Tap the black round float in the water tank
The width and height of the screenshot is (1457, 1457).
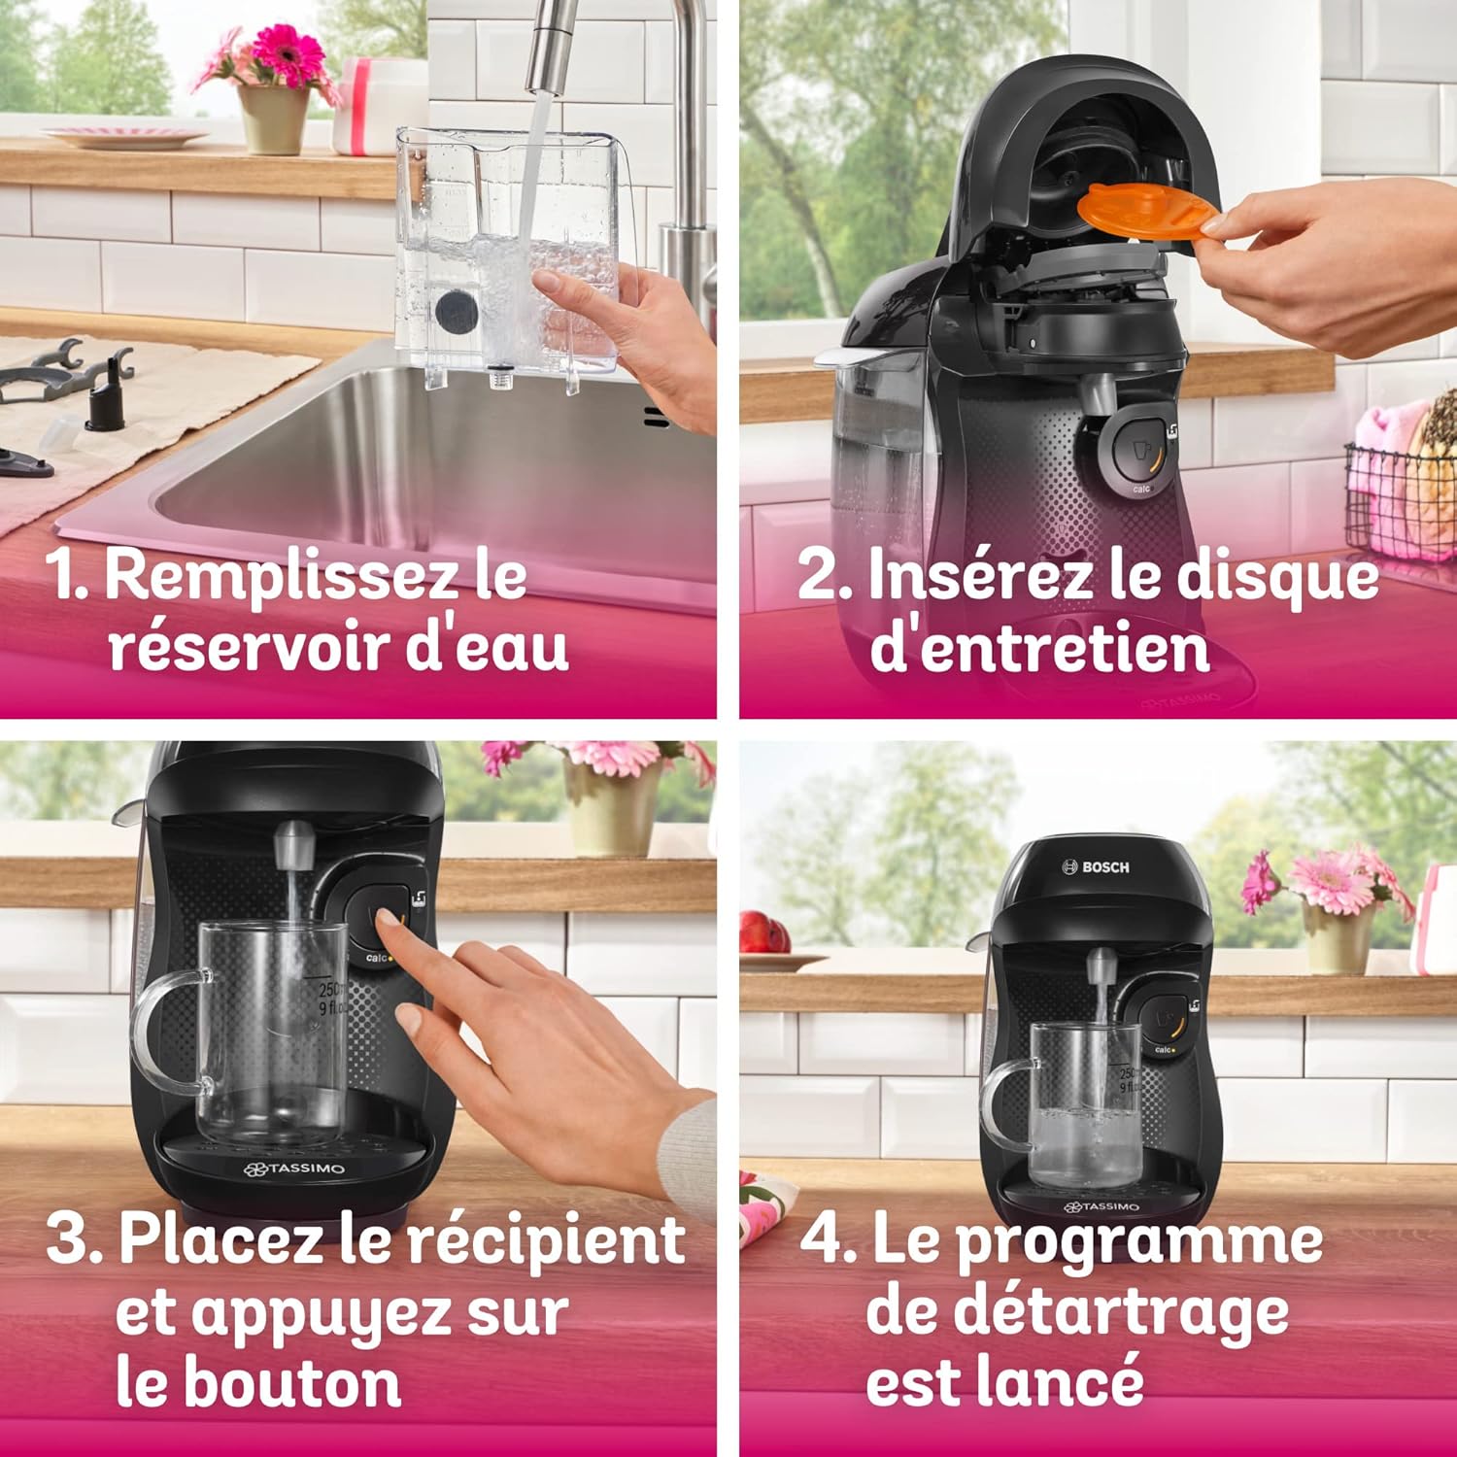[x=457, y=312]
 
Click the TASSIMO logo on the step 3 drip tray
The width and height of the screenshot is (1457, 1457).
[x=294, y=1169]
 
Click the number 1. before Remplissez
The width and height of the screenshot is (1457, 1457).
[x=68, y=575]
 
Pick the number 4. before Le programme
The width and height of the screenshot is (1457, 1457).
[x=829, y=1240]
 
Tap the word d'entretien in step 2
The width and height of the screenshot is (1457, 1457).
[x=1039, y=648]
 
